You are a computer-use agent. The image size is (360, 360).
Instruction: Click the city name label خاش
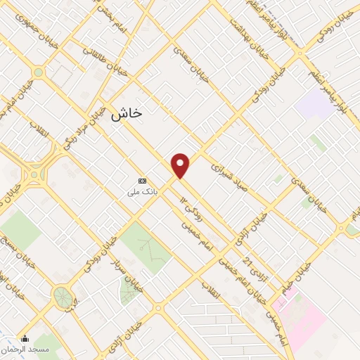[127, 113]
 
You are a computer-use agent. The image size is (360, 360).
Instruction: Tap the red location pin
[181, 165]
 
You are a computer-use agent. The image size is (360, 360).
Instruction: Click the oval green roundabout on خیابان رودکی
[63, 297]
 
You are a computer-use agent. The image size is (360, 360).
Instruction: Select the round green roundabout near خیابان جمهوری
[37, 72]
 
